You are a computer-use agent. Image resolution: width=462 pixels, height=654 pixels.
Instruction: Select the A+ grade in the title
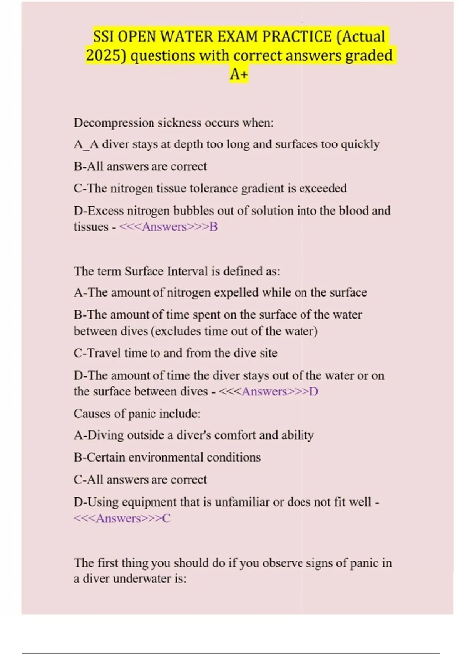pos(239,74)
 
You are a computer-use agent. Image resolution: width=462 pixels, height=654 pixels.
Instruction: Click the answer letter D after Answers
pos(314,392)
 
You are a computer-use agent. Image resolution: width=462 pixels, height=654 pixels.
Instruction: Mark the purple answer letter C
pos(166,519)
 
